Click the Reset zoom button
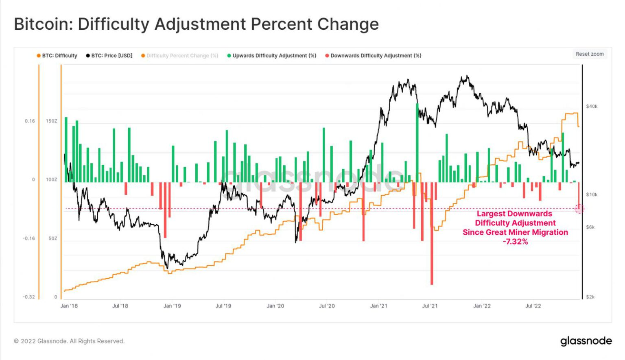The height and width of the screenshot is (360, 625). [590, 54]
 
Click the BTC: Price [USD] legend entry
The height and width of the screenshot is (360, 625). [109, 56]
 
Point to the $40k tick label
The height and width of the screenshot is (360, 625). [592, 107]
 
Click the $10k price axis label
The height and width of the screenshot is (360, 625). [592, 195]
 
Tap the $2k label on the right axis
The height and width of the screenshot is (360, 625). [590, 297]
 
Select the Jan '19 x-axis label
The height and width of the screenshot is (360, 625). [172, 306]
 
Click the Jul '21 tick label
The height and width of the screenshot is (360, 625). [430, 306]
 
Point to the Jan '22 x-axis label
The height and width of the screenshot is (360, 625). [482, 306]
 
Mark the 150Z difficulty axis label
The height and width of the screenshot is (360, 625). [51, 121]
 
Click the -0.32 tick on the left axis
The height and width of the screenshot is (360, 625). [29, 297]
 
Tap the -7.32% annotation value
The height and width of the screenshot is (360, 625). [515, 242]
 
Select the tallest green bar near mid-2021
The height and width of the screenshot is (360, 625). [417, 142]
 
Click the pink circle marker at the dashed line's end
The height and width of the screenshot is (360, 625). [579, 209]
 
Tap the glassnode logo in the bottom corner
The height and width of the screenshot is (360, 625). [586, 341]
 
